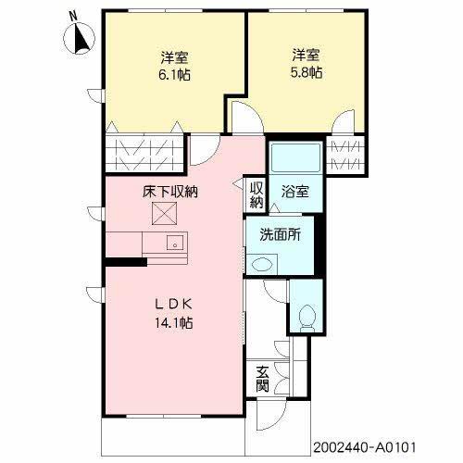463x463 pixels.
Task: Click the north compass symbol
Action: [x=80, y=37]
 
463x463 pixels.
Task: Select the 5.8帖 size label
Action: [x=307, y=70]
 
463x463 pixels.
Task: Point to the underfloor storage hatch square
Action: [x=163, y=215]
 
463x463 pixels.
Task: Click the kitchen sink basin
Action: [x=172, y=244]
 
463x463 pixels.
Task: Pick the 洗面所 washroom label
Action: [x=280, y=234]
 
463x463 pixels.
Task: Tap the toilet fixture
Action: [x=305, y=318]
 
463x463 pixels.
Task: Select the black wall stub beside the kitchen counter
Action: [x=126, y=261]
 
